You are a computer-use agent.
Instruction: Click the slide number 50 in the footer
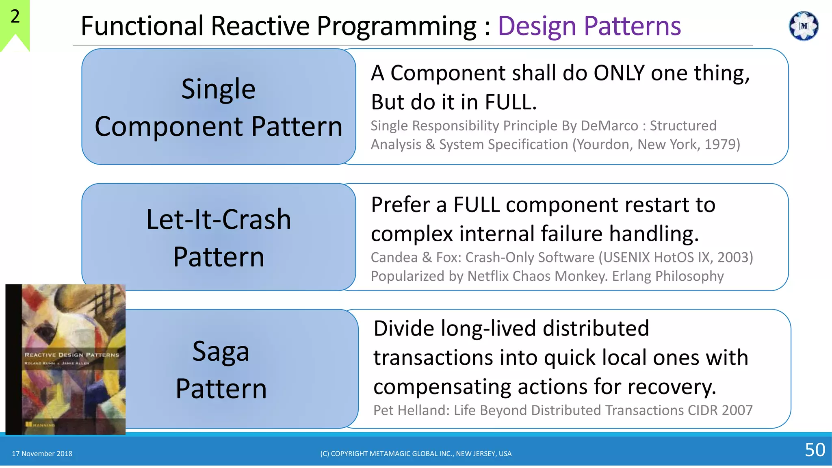pos(815,450)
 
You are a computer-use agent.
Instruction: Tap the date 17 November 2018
pos(42,453)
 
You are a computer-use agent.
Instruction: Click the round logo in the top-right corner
pos(803,26)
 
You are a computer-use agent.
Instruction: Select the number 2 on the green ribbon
pos(15,17)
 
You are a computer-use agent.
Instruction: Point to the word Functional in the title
pos(142,26)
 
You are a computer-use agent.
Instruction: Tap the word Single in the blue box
pos(218,89)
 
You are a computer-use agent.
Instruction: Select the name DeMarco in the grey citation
pos(609,126)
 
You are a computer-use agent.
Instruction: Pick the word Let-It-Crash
pos(219,220)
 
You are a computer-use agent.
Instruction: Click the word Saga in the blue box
pos(221,351)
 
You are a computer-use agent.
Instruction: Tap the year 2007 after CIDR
pos(737,410)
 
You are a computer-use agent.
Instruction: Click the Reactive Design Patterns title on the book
pos(71,355)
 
